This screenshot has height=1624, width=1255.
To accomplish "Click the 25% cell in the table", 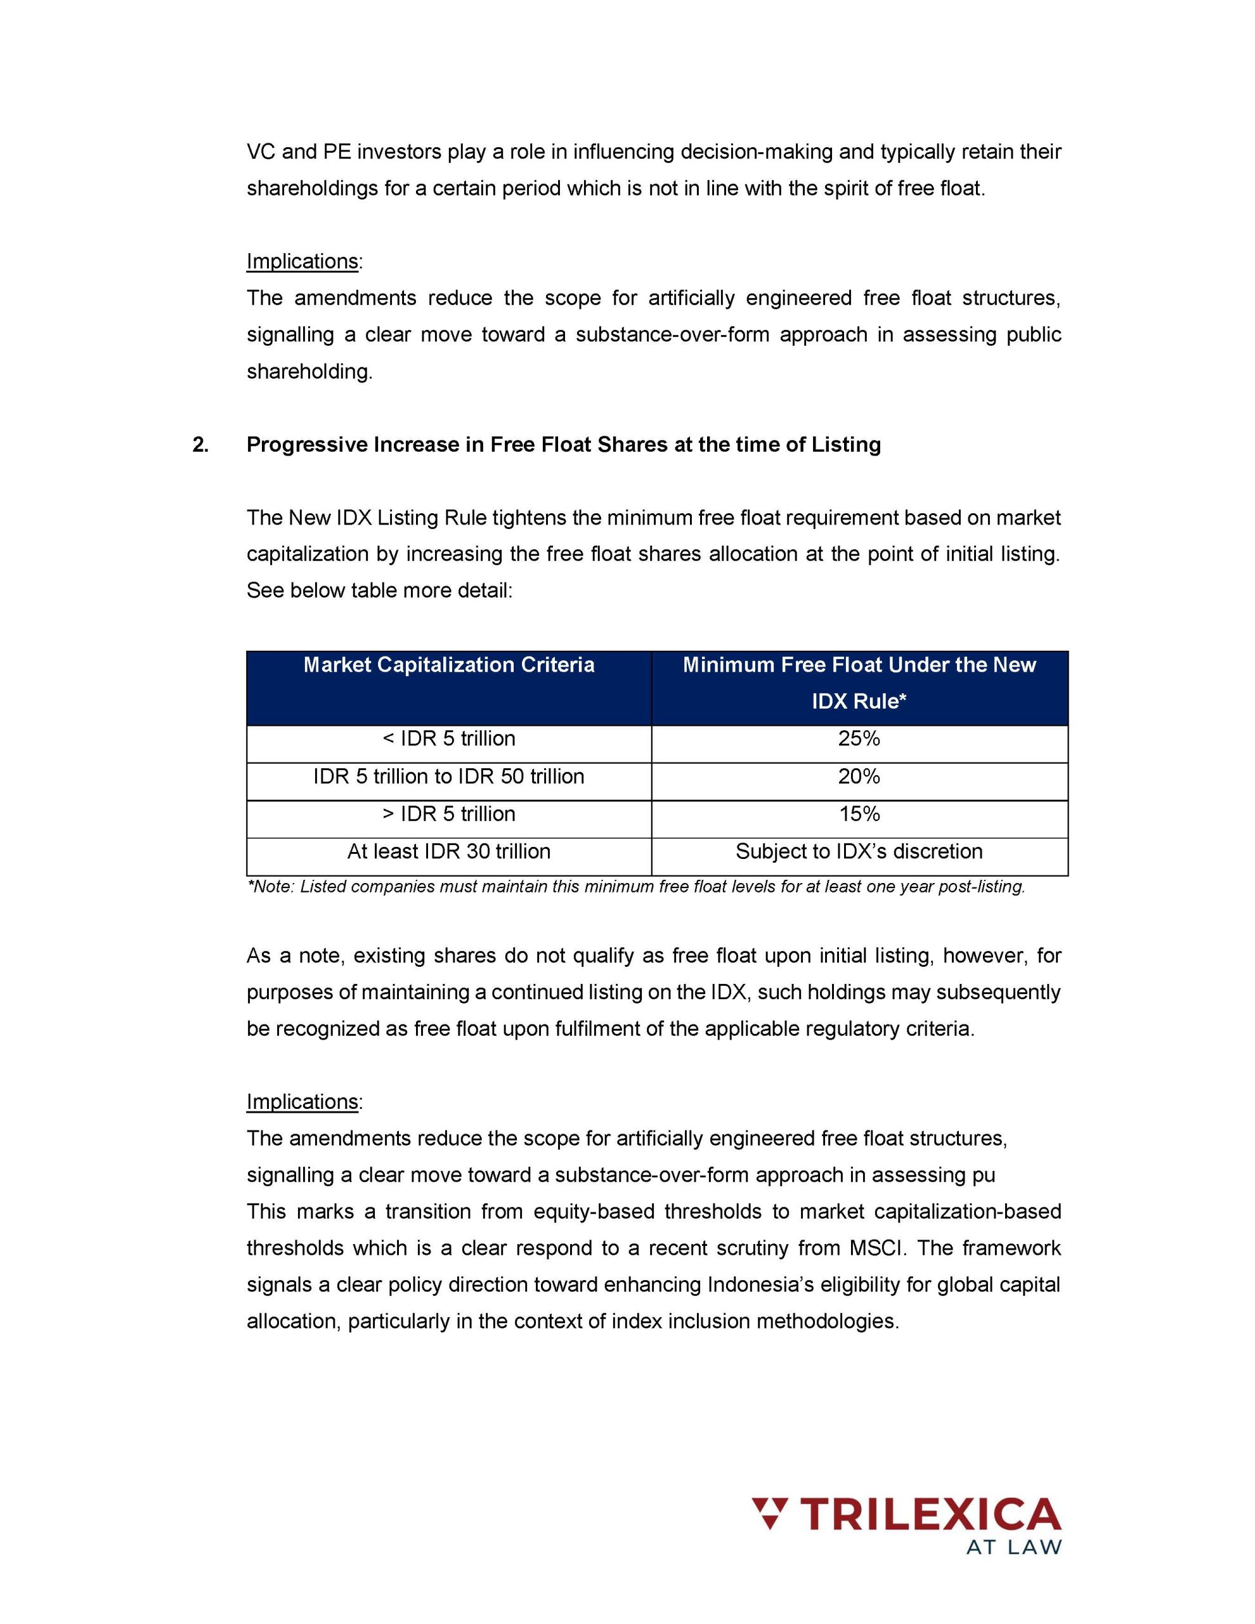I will coord(859,738).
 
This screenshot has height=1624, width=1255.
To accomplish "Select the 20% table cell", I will coord(859,776).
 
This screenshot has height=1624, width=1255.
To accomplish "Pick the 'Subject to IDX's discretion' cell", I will coord(859,851).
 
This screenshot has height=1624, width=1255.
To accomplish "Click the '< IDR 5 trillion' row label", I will coord(448,738).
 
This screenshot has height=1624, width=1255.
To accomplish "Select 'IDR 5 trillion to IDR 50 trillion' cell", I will coord(448,776).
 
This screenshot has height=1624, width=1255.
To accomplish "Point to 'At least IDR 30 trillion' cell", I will coord(448,851).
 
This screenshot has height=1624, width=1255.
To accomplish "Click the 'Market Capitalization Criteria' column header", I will coord(448,665).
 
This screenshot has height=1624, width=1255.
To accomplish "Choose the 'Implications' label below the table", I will coord(302,1101).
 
